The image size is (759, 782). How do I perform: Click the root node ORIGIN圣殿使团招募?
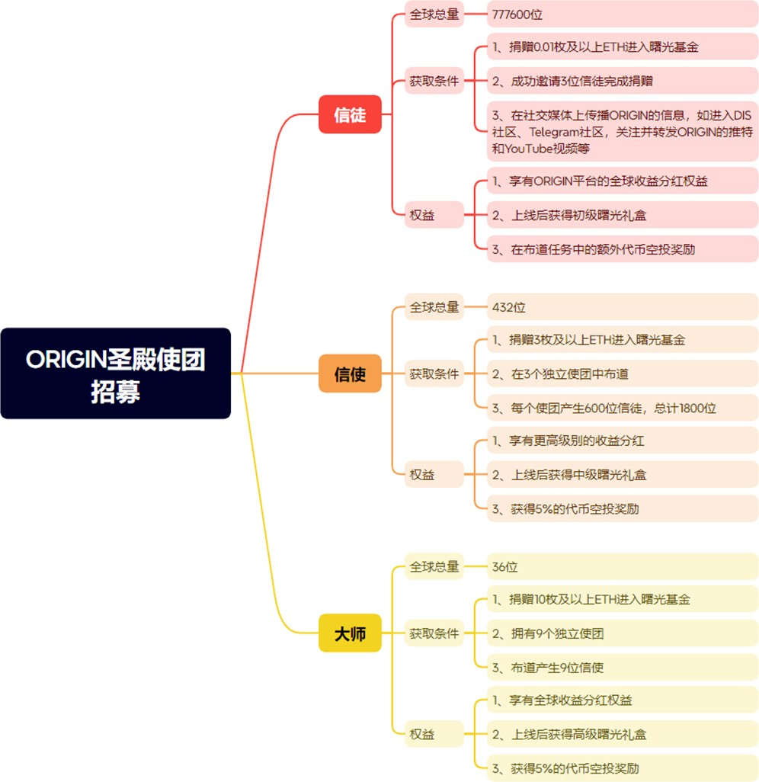pos(116,373)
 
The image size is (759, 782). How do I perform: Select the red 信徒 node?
pos(350,115)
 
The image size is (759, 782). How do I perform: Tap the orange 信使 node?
pos(350,374)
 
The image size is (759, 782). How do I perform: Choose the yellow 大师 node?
pos(350,633)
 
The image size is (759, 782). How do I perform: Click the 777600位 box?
pos(623,14)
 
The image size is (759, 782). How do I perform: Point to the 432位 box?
pos(623,307)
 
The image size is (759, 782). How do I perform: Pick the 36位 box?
pos(623,566)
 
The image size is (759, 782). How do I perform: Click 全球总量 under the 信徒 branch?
pos(434,14)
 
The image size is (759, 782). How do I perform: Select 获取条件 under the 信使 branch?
pos(434,374)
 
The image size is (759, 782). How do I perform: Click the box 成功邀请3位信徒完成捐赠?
pos(623,81)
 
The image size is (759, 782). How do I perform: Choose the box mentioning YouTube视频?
pos(623,132)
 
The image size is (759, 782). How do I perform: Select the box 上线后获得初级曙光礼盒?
pos(623,215)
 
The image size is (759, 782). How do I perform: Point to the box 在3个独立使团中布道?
pos(623,373)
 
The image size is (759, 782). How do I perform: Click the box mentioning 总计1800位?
pos(623,408)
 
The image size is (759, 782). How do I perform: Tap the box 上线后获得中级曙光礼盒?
pos(623,474)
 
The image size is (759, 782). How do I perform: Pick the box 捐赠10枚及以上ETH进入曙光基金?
pos(623,599)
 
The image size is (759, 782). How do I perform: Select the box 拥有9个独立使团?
pos(623,633)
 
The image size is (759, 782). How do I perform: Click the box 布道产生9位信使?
pos(623,668)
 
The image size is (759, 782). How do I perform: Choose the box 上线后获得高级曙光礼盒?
pos(623,734)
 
